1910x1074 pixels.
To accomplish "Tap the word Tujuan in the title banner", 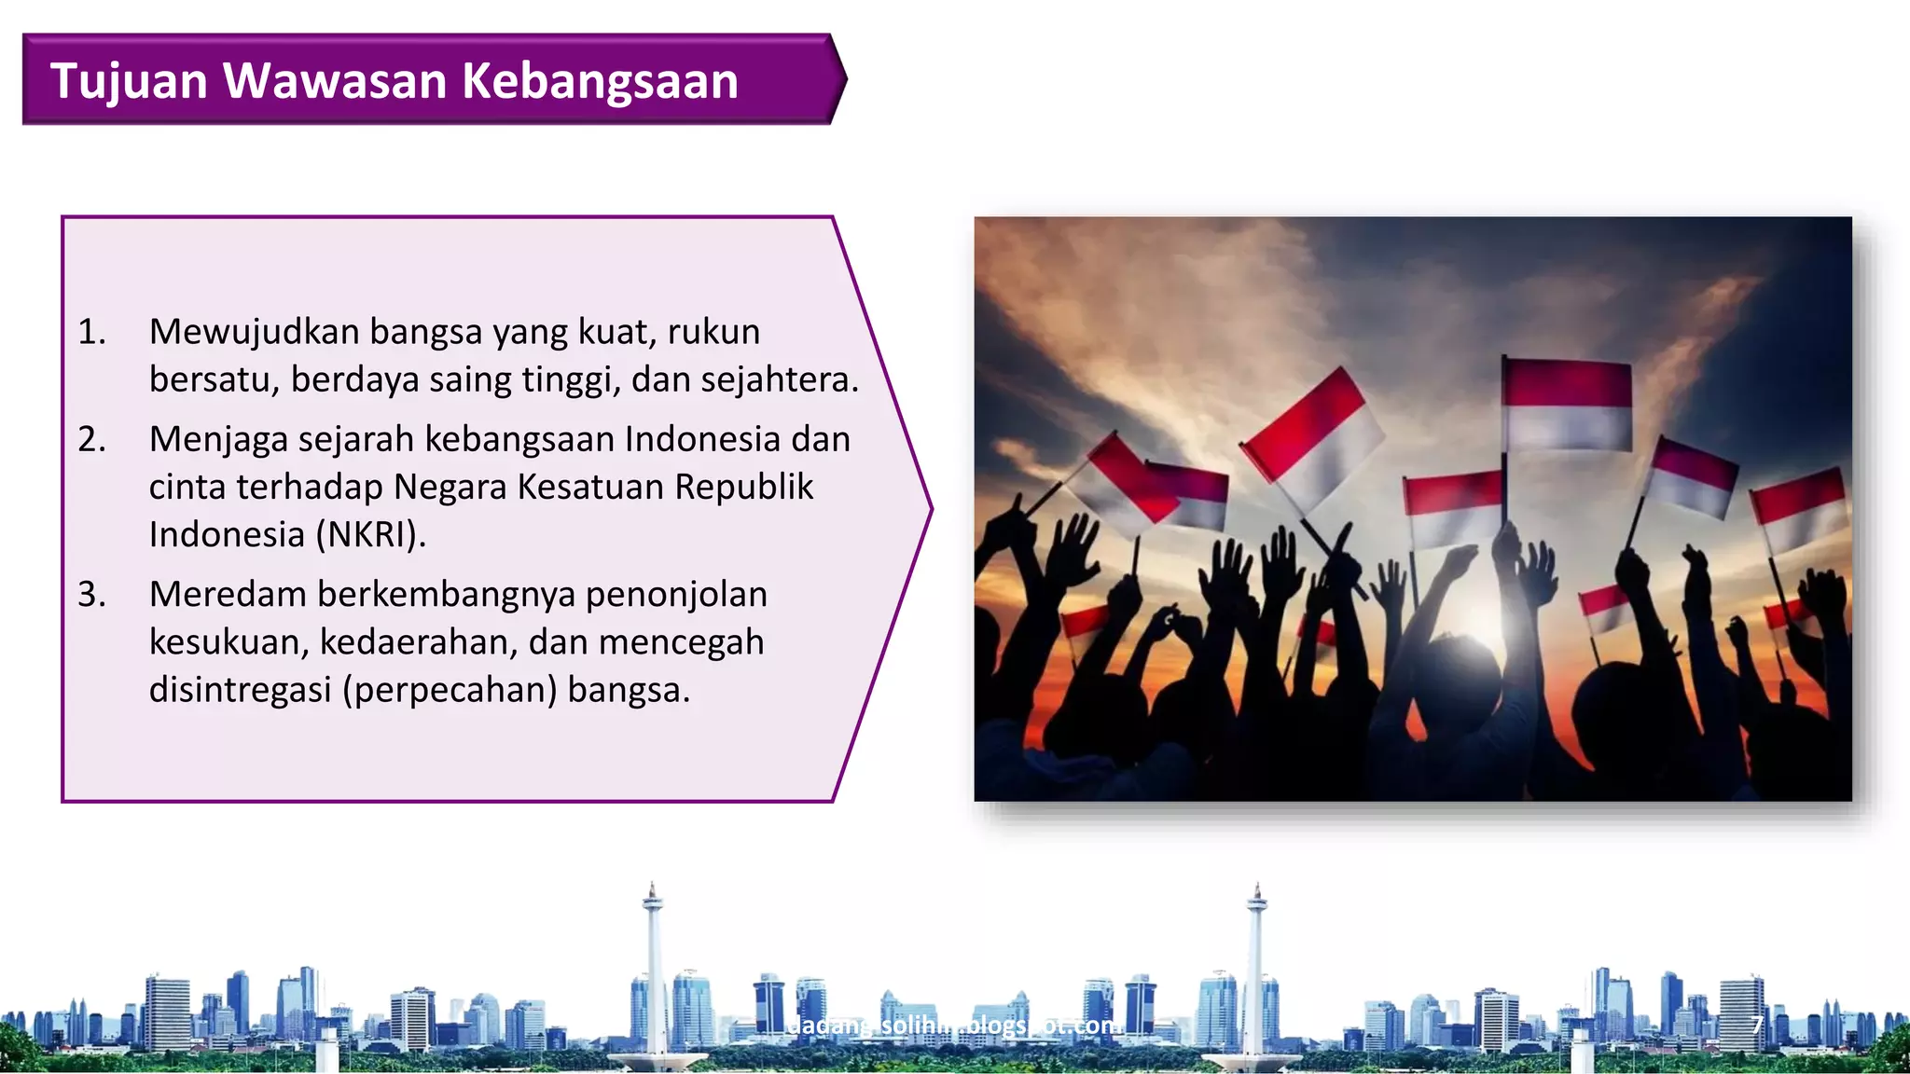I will (x=129, y=81).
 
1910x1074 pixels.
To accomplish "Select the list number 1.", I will (x=91, y=332).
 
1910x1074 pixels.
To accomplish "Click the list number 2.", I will (x=91, y=439).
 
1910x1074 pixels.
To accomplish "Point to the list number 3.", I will (x=91, y=595).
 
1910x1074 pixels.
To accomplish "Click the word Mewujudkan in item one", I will (x=254, y=332).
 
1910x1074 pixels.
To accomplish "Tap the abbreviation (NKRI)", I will (x=370, y=535).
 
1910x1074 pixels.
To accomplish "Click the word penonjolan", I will (x=676, y=595).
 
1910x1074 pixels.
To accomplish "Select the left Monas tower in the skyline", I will (x=653, y=970).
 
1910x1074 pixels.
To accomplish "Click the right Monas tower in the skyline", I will (x=1256, y=970).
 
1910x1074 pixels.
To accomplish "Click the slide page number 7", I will (x=1756, y=1026).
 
